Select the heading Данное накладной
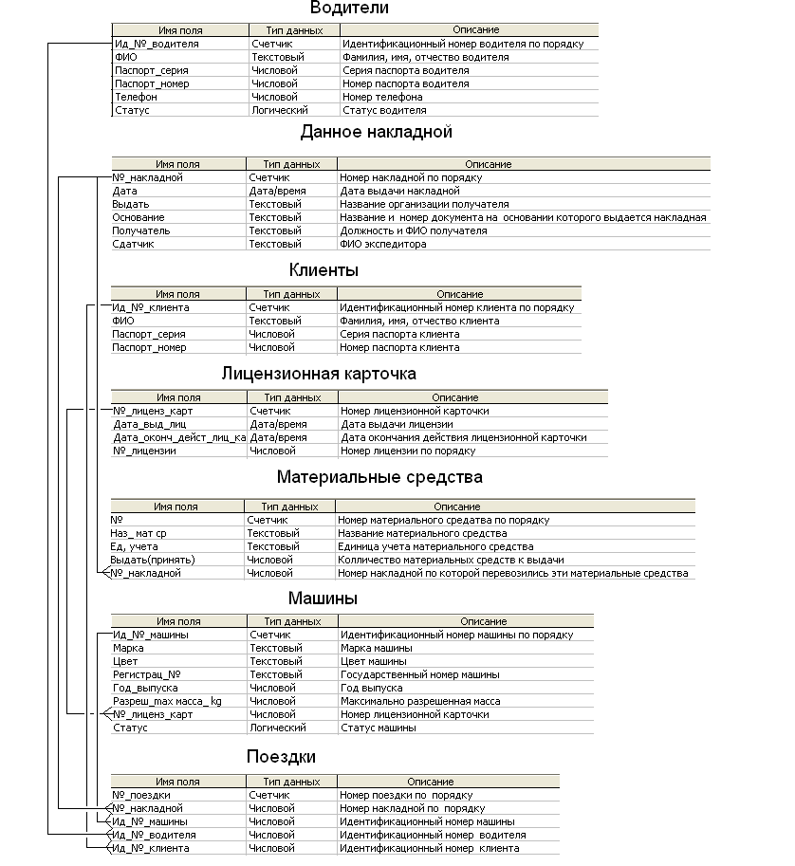[x=377, y=132]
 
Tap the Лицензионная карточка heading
[x=319, y=374]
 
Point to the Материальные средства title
[x=379, y=477]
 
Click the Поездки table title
[x=281, y=757]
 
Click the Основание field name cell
[x=139, y=217]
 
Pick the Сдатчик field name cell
[x=133, y=244]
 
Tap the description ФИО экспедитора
[x=383, y=244]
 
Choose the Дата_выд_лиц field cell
[x=149, y=424]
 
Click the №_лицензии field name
[x=144, y=451]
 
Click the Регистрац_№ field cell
[x=140, y=674]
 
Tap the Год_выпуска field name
[x=145, y=688]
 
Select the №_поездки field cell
[x=141, y=795]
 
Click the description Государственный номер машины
[x=419, y=674]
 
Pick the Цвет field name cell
[x=125, y=661]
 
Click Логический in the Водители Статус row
[x=279, y=110]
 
